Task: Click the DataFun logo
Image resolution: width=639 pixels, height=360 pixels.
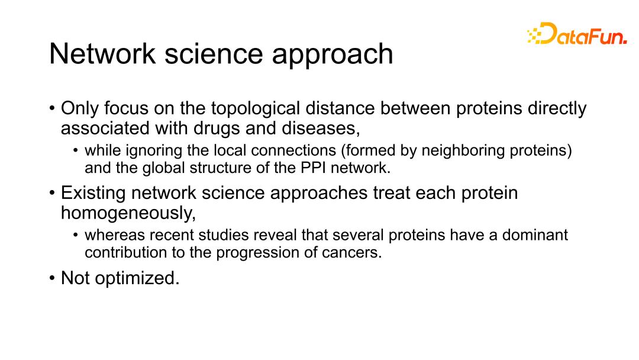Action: tap(577, 33)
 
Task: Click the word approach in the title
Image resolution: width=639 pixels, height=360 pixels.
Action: tap(332, 55)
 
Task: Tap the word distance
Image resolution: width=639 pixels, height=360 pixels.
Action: tap(340, 108)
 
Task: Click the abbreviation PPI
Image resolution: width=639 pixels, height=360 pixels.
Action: tap(313, 168)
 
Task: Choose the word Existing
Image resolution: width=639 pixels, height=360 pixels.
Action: tap(93, 193)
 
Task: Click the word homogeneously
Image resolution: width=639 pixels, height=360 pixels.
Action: tap(128, 213)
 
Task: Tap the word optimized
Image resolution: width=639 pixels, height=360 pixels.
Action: tap(137, 278)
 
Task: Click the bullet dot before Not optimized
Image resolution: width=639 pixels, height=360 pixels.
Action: tap(51, 278)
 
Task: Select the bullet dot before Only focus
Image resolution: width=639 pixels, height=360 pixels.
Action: tap(51, 109)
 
